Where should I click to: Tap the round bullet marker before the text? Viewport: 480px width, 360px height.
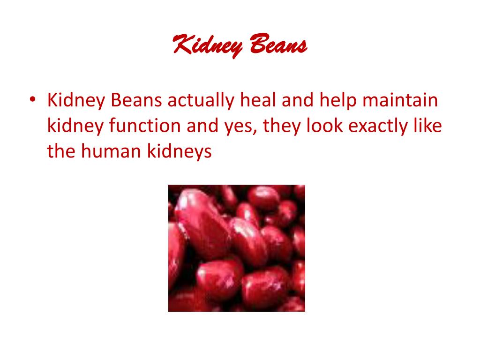32,100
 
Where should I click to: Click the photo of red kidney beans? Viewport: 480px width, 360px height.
237,248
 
